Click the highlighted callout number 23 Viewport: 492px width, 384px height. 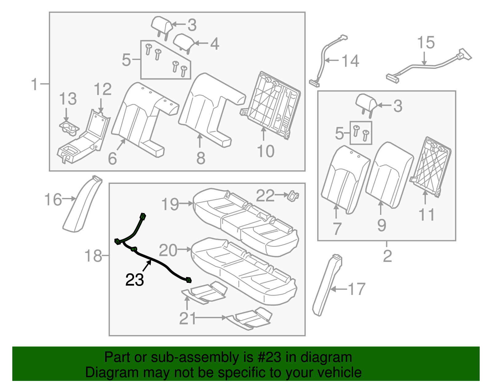[x=134, y=280]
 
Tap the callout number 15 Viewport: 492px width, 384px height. [x=426, y=43]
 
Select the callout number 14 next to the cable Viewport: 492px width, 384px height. [x=350, y=61]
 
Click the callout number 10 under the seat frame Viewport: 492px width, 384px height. [x=265, y=151]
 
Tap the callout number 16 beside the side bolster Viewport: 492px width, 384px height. [x=53, y=200]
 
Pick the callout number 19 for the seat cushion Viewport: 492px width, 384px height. [x=170, y=204]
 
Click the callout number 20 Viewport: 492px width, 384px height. [x=168, y=250]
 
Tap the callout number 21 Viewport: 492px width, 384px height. [x=188, y=319]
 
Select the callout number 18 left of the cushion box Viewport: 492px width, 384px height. [x=93, y=256]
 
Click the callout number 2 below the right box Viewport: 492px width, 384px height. [x=387, y=256]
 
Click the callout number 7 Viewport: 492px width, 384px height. [x=337, y=229]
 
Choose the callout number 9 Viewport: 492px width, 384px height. [x=382, y=225]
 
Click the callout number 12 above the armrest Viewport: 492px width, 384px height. [x=102, y=89]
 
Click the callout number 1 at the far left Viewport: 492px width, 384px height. [x=35, y=84]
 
